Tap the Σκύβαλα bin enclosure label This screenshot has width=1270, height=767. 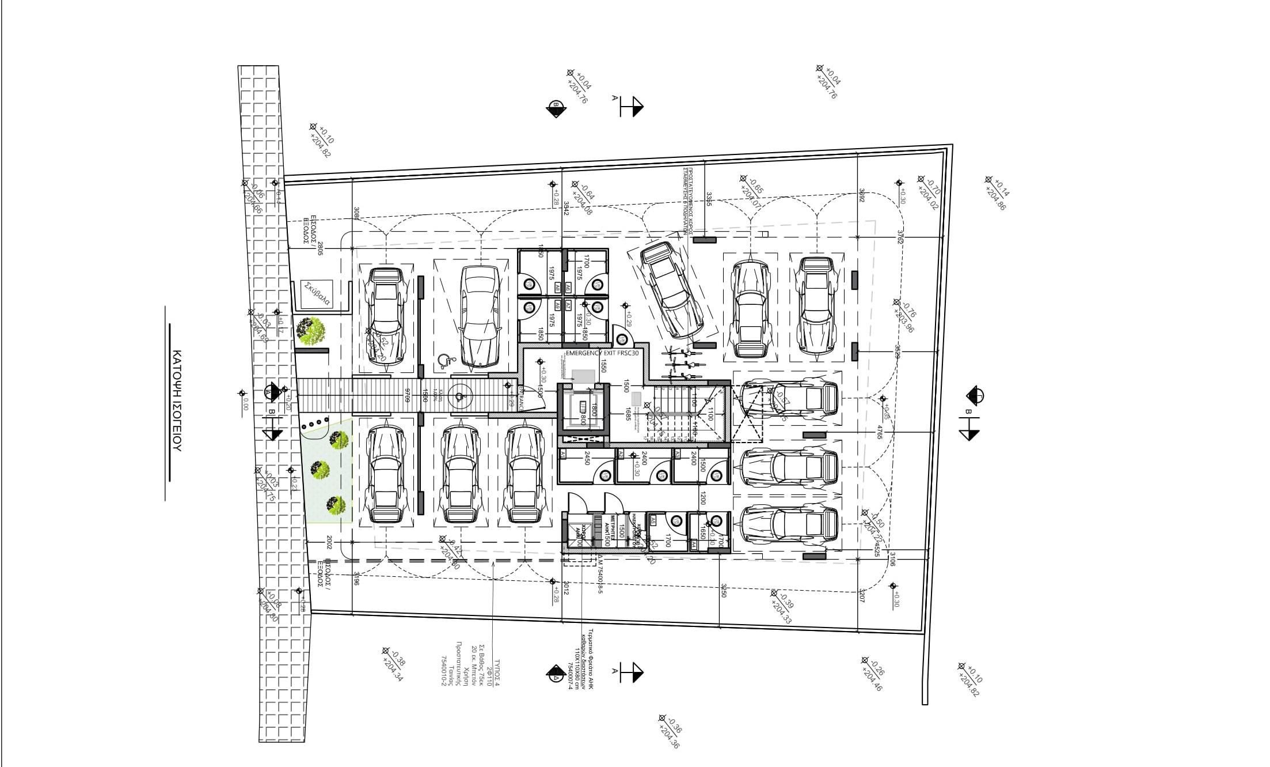coord(317,293)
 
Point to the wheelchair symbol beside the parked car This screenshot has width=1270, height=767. coord(444,361)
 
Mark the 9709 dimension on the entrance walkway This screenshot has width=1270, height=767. coord(406,395)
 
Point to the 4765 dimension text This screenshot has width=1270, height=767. coord(879,433)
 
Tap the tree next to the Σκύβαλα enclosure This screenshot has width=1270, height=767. coord(311,331)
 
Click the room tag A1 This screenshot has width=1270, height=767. coord(562,455)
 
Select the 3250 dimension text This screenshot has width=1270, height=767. coord(723,591)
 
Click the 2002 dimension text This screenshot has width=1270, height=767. coord(329,542)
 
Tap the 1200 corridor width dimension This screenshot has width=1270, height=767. coord(703,498)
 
